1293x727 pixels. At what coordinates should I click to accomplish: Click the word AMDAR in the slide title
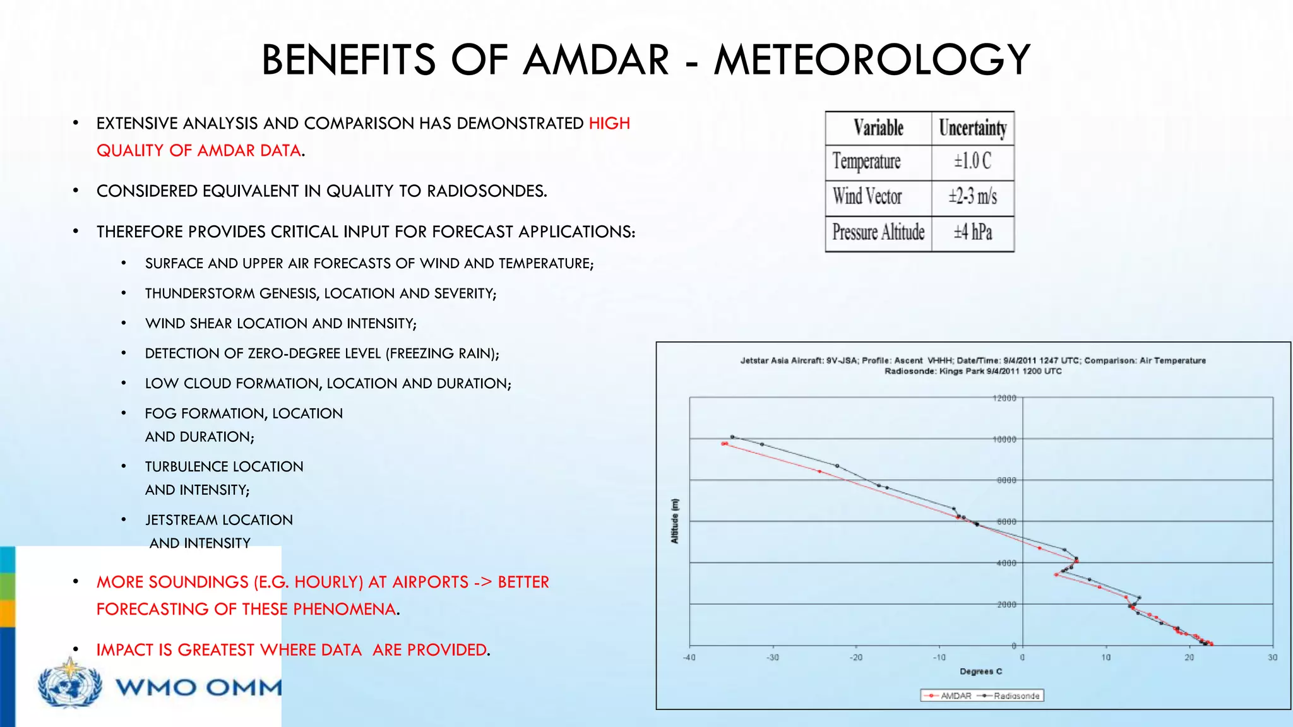tap(596, 60)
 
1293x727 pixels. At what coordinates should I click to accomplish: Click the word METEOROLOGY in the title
tap(872, 60)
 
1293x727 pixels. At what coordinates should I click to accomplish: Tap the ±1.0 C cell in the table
tap(972, 162)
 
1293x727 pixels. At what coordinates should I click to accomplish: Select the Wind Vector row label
tap(867, 197)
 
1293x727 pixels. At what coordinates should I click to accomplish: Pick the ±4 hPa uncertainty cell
tap(972, 232)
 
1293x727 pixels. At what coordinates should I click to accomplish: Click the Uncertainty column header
tap(972, 128)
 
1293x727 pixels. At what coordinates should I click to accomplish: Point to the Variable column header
tap(878, 128)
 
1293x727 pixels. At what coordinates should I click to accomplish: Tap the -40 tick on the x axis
tap(689, 658)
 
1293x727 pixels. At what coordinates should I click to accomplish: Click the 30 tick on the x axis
tap(1272, 658)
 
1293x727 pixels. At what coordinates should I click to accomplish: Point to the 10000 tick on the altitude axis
tap(1004, 439)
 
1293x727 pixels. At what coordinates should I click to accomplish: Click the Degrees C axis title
tap(980, 671)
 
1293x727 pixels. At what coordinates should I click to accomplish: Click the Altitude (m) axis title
tap(675, 521)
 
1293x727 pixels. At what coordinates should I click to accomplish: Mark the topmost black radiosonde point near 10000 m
tap(732, 437)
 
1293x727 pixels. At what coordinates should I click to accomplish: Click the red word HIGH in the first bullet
tap(609, 124)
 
